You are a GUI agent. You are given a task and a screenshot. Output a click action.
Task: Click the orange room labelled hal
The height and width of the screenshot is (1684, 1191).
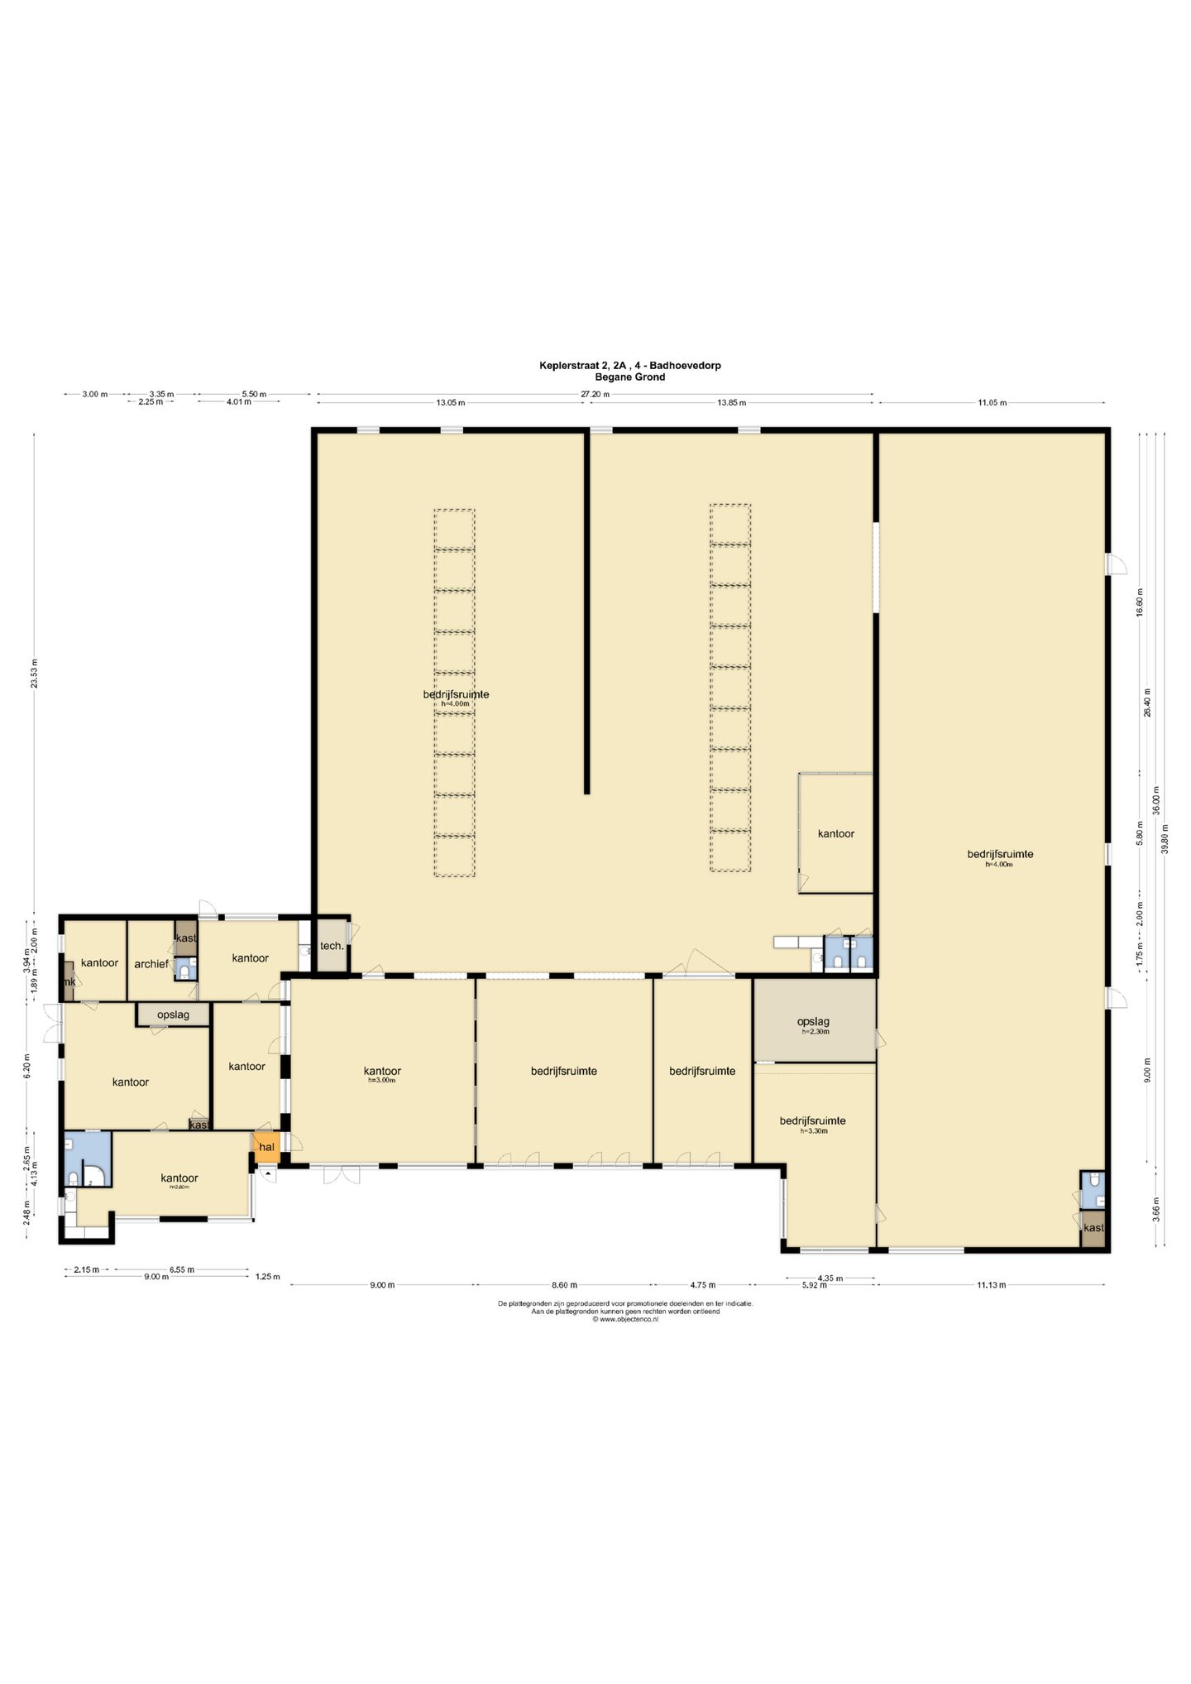(x=266, y=1147)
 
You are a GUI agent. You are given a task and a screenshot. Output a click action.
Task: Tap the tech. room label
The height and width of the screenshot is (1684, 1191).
(x=332, y=945)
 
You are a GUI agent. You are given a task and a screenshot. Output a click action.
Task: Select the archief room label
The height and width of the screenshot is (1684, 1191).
(x=151, y=964)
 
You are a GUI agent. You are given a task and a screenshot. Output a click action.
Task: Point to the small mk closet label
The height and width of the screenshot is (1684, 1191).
(x=70, y=981)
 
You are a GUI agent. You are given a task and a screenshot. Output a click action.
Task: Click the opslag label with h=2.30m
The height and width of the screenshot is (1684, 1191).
(x=814, y=1022)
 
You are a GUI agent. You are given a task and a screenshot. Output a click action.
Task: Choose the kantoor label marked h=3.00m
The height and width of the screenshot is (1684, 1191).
(x=382, y=1072)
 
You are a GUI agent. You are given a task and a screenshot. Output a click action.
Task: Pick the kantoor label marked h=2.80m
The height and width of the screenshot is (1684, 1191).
(x=179, y=1178)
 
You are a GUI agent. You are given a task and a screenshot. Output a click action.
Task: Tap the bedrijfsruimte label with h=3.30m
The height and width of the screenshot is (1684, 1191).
(x=812, y=1121)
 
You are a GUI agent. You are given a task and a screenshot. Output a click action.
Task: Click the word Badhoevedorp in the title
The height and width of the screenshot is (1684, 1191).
(x=686, y=365)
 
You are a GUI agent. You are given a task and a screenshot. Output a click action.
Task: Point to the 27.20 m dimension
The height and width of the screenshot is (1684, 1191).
(x=595, y=395)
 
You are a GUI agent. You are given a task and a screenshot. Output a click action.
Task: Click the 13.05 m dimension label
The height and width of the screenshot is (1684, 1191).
(x=451, y=403)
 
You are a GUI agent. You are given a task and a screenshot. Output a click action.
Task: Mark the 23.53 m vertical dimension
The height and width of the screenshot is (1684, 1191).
(x=34, y=674)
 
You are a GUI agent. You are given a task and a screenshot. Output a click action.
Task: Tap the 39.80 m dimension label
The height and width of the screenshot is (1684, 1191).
(x=1165, y=839)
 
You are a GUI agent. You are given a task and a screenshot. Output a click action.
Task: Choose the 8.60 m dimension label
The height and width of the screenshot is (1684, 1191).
(x=564, y=1285)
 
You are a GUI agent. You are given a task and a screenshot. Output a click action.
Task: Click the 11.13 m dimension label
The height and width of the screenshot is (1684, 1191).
(x=991, y=1285)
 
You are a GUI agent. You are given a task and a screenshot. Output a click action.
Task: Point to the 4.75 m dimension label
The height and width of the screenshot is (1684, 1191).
(x=702, y=1285)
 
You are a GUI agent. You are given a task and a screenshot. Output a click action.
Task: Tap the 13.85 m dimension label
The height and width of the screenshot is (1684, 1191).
(x=731, y=403)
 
